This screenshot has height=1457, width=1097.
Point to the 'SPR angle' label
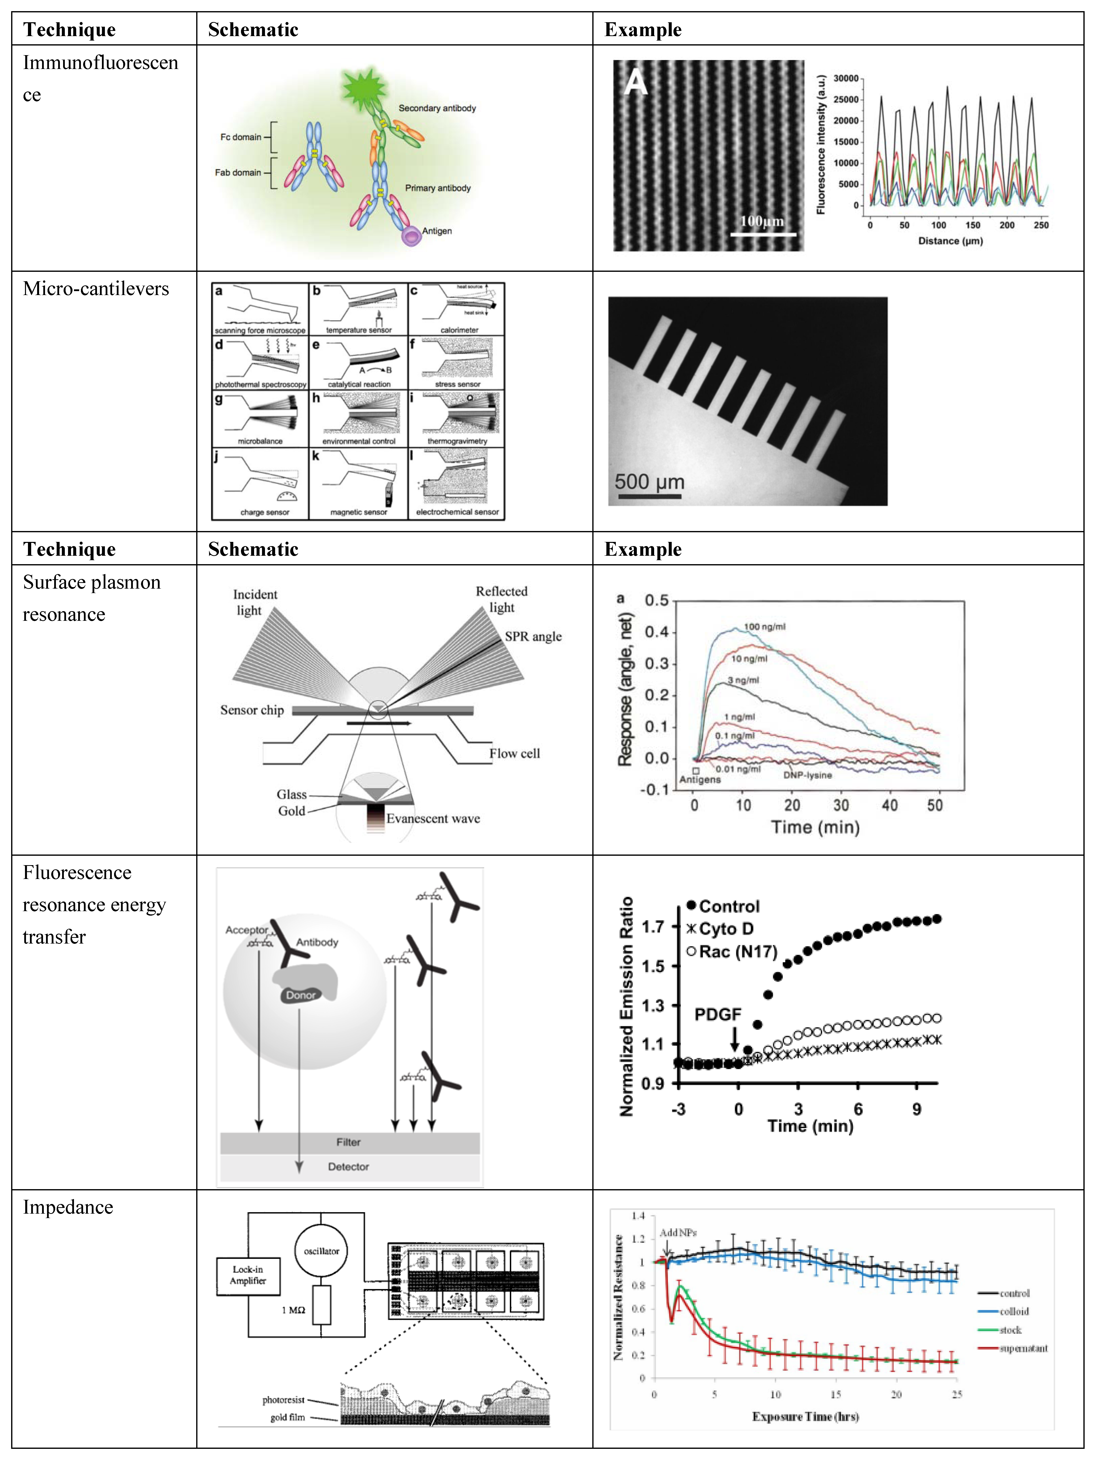coord(533,636)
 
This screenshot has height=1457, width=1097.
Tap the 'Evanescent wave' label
coord(433,819)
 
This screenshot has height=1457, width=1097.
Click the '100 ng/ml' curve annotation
coord(764,626)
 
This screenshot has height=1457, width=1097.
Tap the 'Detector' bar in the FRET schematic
coord(349,1167)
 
